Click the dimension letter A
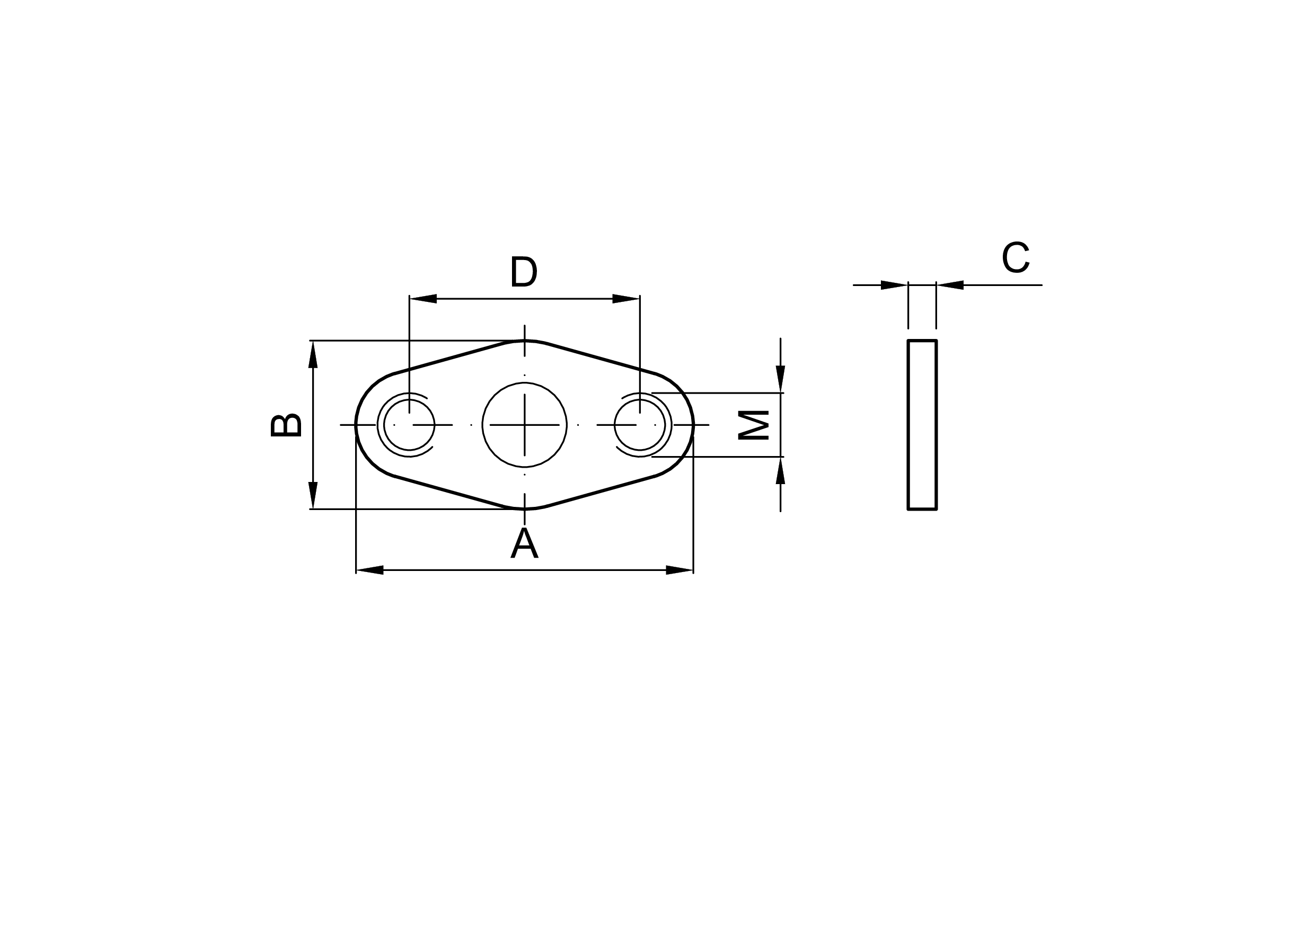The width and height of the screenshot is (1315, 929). tap(524, 543)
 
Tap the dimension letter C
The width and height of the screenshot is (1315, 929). tap(1016, 257)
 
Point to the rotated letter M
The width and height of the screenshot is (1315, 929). tap(753, 425)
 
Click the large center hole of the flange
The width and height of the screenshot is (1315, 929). tap(524, 425)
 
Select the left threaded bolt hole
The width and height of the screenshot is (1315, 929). tap(409, 425)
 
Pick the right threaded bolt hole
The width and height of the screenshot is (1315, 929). tap(640, 425)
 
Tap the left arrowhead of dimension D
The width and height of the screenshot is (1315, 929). tap(423, 298)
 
